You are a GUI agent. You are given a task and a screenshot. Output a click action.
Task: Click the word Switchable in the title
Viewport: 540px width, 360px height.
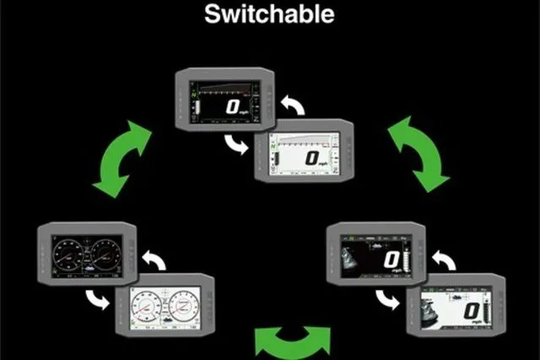(269, 14)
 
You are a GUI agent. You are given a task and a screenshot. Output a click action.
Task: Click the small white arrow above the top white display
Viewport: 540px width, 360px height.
(292, 105)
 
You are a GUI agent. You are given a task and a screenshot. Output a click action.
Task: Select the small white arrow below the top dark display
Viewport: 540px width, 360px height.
(238, 145)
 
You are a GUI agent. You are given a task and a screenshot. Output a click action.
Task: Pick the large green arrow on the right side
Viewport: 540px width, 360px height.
(417, 153)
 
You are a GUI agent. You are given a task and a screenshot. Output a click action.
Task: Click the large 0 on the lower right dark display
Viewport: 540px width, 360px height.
(390, 260)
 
